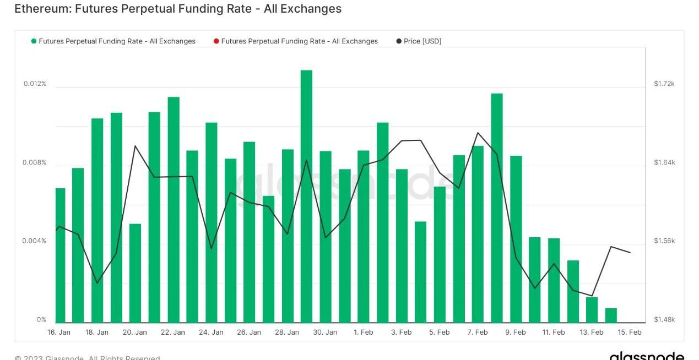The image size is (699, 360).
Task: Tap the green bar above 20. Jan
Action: (136, 273)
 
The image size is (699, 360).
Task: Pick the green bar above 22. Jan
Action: (174, 209)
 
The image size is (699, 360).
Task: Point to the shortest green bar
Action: (611, 315)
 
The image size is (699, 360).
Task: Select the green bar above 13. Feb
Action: (592, 310)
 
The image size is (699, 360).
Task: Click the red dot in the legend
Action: (216, 41)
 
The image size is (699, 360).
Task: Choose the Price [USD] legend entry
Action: (422, 41)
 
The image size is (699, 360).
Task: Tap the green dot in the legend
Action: (34, 41)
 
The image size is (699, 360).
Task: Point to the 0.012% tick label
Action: (35, 84)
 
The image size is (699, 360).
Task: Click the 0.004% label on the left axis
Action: (35, 241)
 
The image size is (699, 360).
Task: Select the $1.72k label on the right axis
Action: (664, 84)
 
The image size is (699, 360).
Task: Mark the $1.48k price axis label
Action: (664, 320)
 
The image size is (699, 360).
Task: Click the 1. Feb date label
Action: (363, 332)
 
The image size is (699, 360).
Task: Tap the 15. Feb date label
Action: (630, 332)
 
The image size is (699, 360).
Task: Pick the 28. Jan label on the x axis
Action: (288, 332)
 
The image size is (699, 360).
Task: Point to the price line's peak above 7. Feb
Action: (478, 133)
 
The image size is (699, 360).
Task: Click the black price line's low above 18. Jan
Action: (97, 283)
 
